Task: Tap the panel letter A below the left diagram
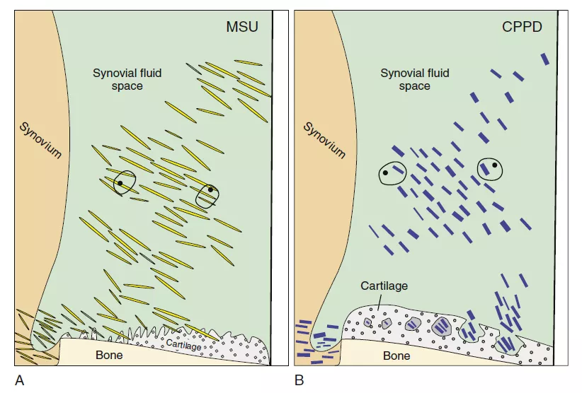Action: (x=20, y=381)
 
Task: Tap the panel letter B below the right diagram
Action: (x=299, y=381)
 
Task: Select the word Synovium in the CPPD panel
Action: (x=324, y=139)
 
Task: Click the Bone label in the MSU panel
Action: (x=109, y=354)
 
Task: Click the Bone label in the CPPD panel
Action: (x=396, y=356)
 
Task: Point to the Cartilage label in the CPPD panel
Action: (x=384, y=286)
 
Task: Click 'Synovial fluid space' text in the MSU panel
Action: (x=127, y=78)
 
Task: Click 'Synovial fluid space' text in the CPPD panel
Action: (x=414, y=78)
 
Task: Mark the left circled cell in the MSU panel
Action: (x=125, y=182)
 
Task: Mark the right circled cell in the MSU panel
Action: (x=208, y=195)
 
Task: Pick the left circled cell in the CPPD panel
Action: (x=392, y=172)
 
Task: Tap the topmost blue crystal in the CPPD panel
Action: (x=544, y=59)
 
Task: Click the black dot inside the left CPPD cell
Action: (x=384, y=172)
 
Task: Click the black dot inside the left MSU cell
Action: (x=120, y=183)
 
